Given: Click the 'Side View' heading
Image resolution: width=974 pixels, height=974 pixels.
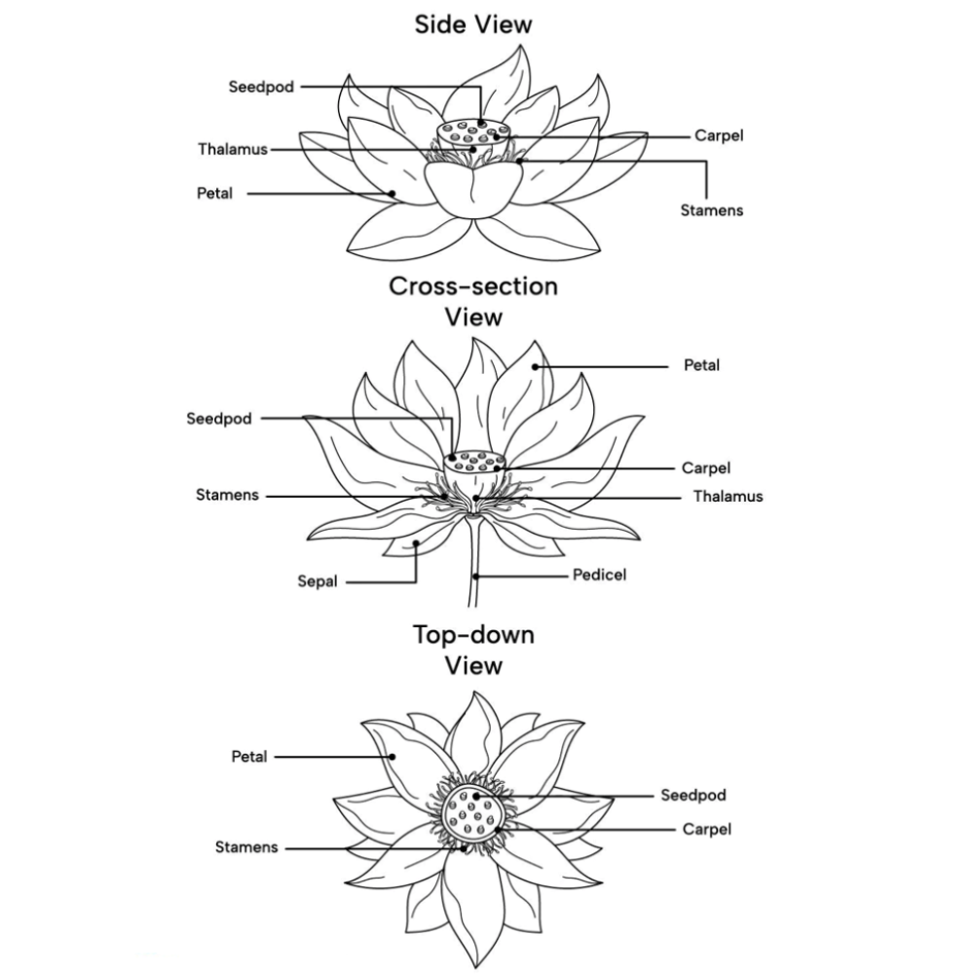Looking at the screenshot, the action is tap(473, 25).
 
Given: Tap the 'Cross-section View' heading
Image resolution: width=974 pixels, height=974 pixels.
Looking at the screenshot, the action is tap(473, 301).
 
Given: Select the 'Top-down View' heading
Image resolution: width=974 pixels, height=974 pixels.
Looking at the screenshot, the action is tap(473, 650).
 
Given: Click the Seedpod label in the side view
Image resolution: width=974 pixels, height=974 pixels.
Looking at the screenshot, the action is tap(261, 87).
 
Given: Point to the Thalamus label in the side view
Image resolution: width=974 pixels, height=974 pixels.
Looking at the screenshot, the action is tap(233, 149).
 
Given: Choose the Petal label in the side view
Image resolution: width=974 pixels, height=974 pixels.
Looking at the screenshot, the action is tap(214, 193).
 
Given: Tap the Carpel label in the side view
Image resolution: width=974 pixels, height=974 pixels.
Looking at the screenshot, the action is tap(719, 136).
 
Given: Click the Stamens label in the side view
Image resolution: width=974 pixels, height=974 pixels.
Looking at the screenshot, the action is tap(712, 210).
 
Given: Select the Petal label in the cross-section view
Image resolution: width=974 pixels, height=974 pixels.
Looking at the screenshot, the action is tap(702, 365).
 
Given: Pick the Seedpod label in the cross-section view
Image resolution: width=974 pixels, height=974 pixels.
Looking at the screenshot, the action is tap(219, 419).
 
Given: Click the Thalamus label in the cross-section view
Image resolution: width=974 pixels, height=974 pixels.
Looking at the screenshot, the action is tap(728, 497).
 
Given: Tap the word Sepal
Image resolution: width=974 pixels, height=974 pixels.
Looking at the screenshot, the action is tap(318, 582).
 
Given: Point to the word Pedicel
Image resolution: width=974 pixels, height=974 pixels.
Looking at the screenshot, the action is tap(599, 575).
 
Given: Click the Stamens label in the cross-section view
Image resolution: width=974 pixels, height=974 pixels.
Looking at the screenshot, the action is tap(227, 495).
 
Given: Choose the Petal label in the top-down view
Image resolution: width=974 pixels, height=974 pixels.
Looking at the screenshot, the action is tap(249, 757).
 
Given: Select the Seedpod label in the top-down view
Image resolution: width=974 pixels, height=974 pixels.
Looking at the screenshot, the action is tap(693, 795).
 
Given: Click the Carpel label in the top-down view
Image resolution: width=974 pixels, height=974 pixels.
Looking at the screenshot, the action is tap(707, 830).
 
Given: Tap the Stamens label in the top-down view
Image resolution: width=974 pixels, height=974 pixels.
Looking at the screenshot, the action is tap(246, 847).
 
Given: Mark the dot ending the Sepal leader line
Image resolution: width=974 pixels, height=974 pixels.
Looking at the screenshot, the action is tap(416, 543).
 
